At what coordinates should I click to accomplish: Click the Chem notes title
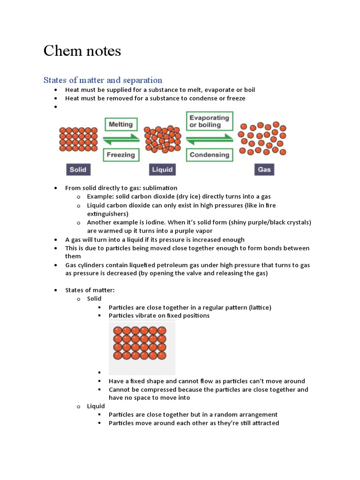pos(82,51)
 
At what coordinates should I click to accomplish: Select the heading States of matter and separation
pos(103,80)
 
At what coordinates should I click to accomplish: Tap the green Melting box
pos(120,125)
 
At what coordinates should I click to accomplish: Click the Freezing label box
pos(120,155)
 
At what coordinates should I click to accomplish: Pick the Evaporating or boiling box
pos(209,121)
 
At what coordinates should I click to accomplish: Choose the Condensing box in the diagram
pos(209,155)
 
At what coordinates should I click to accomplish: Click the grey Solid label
pos(78,169)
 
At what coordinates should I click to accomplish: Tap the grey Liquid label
pos(163,169)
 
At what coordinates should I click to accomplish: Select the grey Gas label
pos(264,169)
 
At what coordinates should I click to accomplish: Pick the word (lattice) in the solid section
pos(259,307)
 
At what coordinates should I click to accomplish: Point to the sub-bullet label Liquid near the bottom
pos(96,406)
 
